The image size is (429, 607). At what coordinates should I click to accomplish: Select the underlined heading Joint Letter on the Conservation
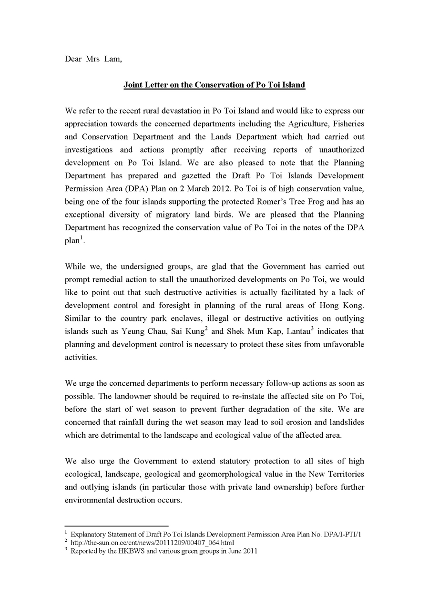pyautogui.click(x=214, y=85)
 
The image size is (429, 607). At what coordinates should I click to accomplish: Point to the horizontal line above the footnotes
pyautogui.click(x=116, y=526)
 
